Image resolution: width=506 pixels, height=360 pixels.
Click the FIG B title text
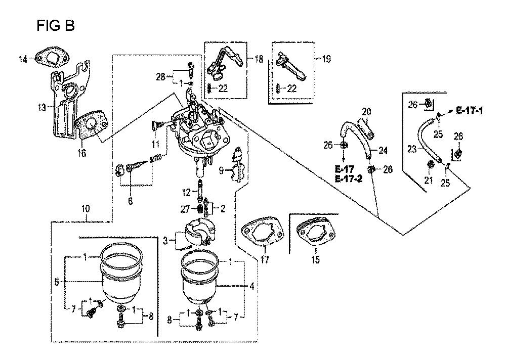[x=56, y=25]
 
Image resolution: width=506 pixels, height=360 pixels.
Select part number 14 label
[x=23, y=59]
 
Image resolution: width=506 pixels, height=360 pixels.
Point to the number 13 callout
[x=42, y=107]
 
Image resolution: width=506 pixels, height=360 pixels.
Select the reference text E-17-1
[x=470, y=111]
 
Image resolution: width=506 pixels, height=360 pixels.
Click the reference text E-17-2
[x=349, y=178]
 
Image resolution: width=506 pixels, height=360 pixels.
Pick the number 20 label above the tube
[x=366, y=112]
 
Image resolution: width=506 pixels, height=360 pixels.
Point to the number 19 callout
[x=326, y=59]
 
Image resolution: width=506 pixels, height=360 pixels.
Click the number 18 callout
[x=259, y=59]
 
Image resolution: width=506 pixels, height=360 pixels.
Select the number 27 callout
[x=185, y=209]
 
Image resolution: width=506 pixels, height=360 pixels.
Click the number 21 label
[x=428, y=180]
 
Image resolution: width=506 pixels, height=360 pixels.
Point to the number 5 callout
[x=57, y=283]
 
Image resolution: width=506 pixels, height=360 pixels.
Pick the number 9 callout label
[x=221, y=170]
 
